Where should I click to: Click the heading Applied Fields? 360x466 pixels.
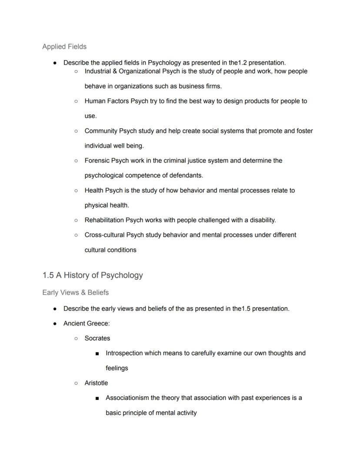tap(64, 47)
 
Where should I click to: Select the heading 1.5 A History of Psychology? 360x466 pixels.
tap(93, 275)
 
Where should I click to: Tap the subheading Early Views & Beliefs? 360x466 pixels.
tap(75, 292)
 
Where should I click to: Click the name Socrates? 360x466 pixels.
tap(97, 338)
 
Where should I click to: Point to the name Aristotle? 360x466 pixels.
tap(96, 383)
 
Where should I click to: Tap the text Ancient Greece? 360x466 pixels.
tap(87, 323)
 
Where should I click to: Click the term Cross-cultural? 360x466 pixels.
tap(104, 235)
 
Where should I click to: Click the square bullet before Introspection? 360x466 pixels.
tap(97, 353)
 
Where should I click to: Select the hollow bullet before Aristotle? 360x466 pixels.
tap(76, 383)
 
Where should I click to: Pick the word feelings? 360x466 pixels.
tap(117, 368)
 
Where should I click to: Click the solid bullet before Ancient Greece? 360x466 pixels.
tap(55, 324)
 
